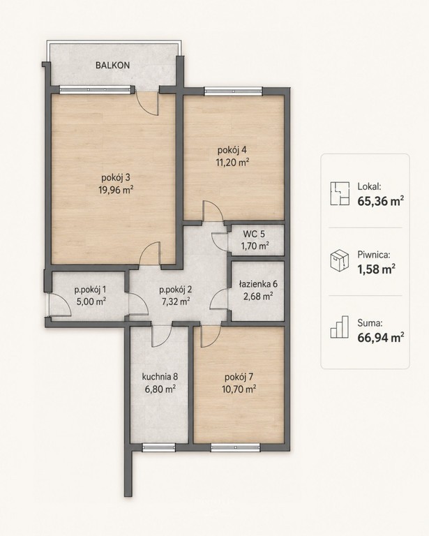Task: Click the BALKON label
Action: (x=112, y=66)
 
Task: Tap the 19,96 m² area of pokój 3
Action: (x=116, y=190)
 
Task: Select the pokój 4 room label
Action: (x=232, y=150)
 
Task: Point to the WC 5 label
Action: (x=253, y=234)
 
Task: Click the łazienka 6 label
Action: (x=258, y=284)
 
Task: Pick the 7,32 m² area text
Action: (x=176, y=301)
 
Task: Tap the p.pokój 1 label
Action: (x=90, y=290)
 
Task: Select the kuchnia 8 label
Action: (x=160, y=377)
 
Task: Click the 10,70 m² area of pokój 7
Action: (x=239, y=389)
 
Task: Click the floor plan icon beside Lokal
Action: (x=340, y=193)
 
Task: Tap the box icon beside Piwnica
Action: (x=340, y=260)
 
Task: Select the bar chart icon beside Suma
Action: (x=340, y=327)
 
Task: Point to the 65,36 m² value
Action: (x=381, y=201)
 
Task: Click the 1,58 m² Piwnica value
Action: (x=377, y=269)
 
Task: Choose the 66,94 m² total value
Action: (x=381, y=337)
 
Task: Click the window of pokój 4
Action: (x=233, y=91)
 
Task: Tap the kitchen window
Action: (x=158, y=447)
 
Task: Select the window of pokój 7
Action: (x=235, y=447)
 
